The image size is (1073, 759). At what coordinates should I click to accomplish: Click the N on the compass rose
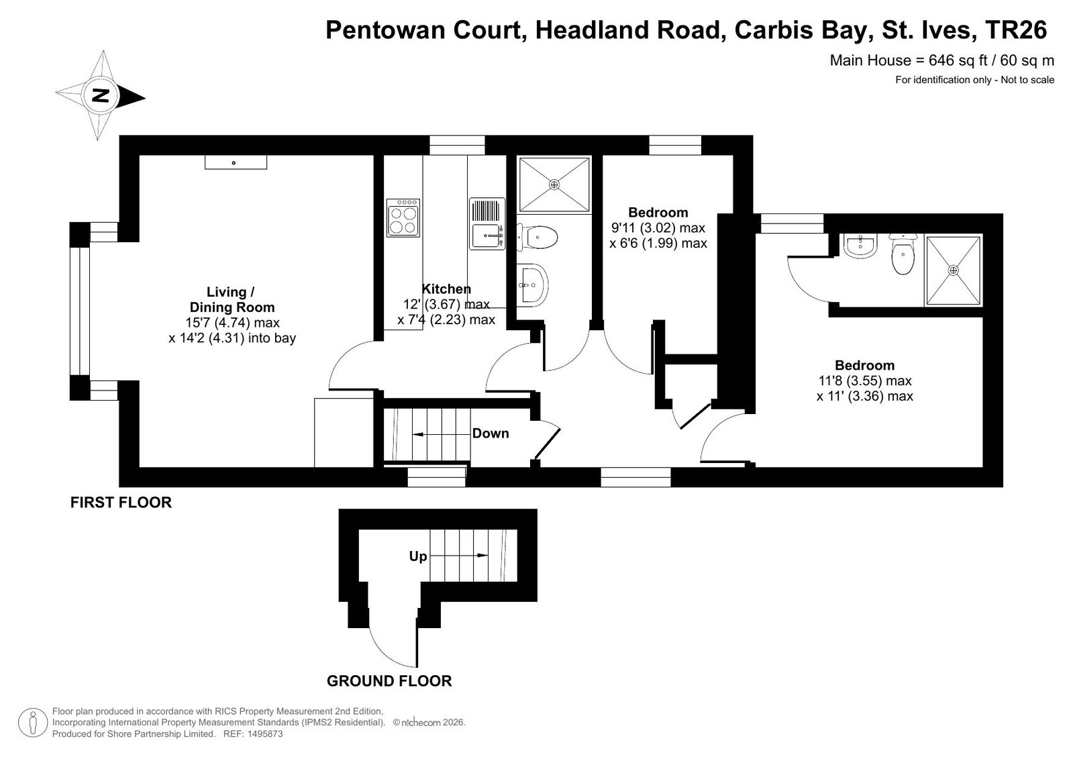pyautogui.click(x=101, y=97)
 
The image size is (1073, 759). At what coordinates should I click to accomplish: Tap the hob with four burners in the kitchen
pyautogui.click(x=403, y=218)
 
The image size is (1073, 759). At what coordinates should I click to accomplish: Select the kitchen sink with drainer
pyautogui.click(x=487, y=223)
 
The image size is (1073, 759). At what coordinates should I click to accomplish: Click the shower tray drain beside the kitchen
pyautogui.click(x=554, y=185)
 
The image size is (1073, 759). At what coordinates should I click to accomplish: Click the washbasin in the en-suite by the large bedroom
pyautogui.click(x=860, y=246)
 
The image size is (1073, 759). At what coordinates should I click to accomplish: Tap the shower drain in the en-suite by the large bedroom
pyautogui.click(x=954, y=270)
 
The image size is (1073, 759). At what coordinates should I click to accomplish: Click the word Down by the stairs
pyautogui.click(x=491, y=433)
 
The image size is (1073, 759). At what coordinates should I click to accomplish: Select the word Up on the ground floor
pyautogui.click(x=417, y=556)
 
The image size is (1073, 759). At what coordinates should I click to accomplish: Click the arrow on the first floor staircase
pyautogui.click(x=441, y=435)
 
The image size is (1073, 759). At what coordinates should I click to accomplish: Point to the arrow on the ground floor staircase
pyautogui.click(x=459, y=556)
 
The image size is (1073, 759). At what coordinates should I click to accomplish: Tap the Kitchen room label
pyautogui.click(x=446, y=289)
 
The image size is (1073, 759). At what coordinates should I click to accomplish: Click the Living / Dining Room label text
pyautogui.click(x=232, y=299)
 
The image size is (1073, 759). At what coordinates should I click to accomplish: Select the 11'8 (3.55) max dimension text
pyautogui.click(x=864, y=381)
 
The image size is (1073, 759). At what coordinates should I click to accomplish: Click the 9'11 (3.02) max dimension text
pyautogui.click(x=658, y=227)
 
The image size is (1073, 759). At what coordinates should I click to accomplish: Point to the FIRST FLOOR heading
pyautogui.click(x=121, y=502)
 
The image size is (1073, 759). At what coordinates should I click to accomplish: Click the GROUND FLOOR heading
pyautogui.click(x=389, y=681)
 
